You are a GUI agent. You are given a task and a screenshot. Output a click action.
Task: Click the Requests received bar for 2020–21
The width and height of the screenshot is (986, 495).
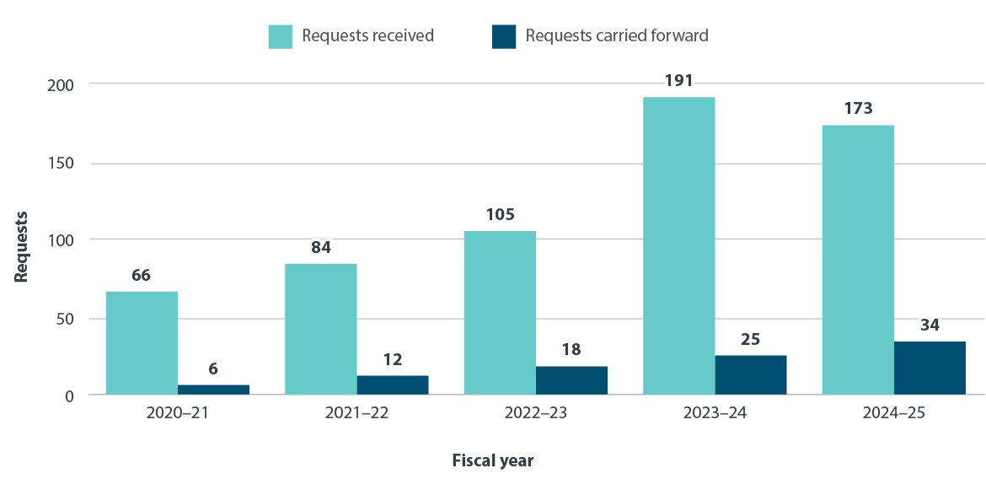142,342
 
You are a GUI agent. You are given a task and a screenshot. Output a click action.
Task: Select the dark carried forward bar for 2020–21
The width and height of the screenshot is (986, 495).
213,390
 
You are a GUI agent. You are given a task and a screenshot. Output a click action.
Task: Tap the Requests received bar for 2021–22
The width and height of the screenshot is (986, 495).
320,329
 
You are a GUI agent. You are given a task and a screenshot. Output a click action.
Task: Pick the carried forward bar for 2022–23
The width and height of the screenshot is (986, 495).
571,380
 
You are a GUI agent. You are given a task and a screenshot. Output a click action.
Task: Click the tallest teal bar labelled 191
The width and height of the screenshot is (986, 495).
678,245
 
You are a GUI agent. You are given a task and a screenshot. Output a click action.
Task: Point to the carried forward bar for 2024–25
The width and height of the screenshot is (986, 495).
930,368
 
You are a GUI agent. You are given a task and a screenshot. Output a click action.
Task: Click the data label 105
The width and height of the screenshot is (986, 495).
500,214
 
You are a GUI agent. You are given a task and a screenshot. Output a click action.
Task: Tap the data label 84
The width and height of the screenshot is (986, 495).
320,247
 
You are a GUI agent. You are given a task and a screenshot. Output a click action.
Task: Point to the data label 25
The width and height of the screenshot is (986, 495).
750,339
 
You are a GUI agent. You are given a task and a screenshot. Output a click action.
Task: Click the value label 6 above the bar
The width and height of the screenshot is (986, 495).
213,369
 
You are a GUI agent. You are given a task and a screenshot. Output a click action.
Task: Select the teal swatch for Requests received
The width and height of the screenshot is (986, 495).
281,36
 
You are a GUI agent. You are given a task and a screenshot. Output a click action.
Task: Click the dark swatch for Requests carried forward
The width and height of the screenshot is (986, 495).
504,36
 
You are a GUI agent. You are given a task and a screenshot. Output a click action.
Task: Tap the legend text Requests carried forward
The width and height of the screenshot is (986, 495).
616,36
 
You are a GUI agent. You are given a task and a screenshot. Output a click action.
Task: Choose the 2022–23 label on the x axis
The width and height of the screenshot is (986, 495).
535,414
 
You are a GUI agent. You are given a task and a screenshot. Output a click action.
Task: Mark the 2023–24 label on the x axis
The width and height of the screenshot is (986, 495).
715,414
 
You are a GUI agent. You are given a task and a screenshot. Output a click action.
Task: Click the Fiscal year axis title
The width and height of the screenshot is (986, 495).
493,460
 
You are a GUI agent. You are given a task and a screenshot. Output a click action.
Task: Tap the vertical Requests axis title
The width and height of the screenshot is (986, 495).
21,246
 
